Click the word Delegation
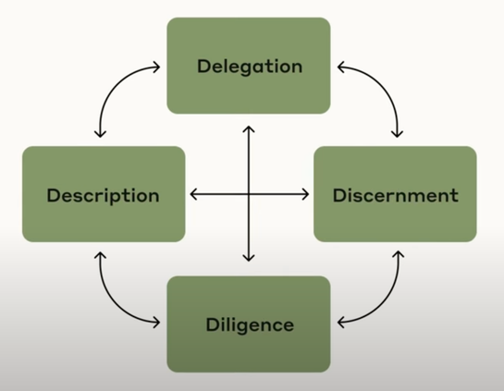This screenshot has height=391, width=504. [250, 67]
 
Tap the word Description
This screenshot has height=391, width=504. [104, 196]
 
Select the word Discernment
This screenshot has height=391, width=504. [396, 195]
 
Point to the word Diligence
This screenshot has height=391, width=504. [250, 324]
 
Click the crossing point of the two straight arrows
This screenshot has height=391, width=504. [249, 194]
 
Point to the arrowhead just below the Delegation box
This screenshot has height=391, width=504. [249, 129]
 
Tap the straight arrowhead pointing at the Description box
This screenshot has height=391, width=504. [193, 194]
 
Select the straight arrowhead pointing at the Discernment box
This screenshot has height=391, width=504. [305, 194]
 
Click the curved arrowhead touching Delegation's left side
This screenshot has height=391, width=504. [156, 67]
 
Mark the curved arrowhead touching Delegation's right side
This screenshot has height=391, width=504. [341, 67]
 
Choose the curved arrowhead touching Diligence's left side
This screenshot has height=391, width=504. [156, 323]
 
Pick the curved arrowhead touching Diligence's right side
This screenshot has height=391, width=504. [341, 323]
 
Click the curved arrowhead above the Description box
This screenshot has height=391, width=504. [100, 134]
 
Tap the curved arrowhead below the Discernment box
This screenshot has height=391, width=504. [399, 255]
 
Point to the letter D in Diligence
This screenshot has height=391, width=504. [213, 324]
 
